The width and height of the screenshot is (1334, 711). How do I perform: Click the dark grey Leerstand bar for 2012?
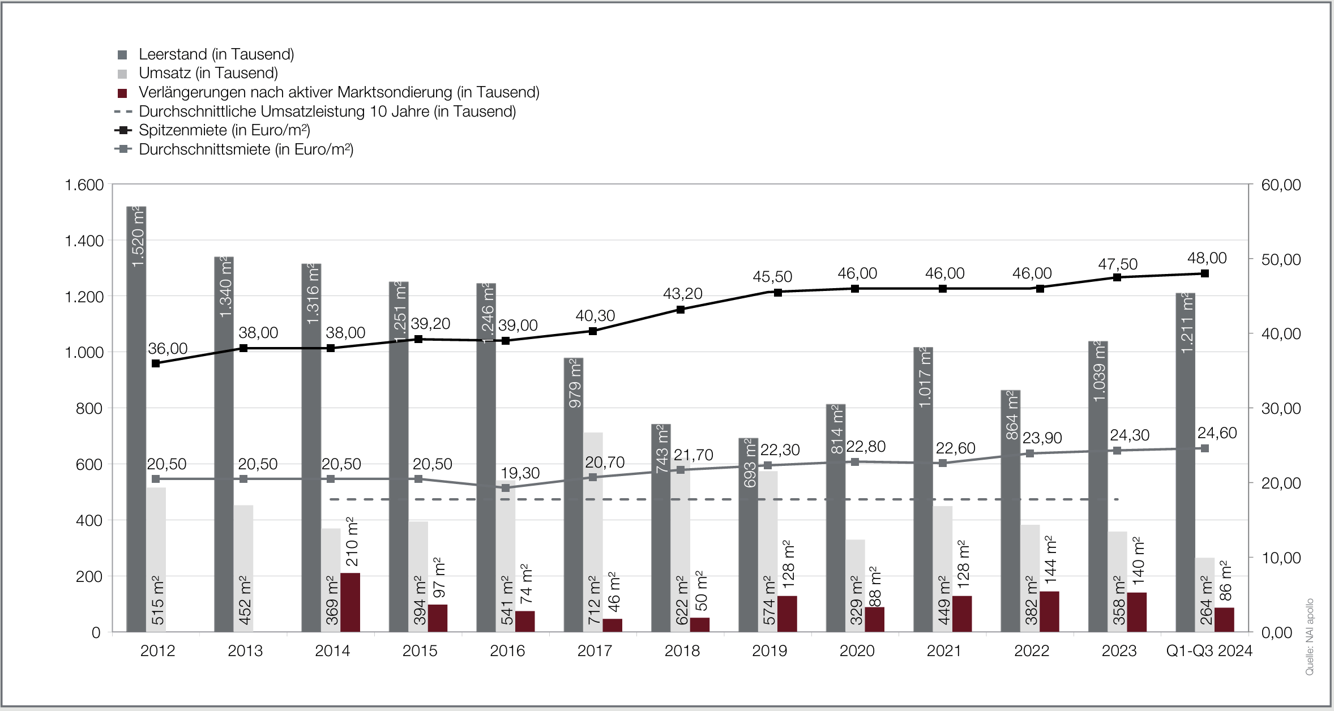pos(136,419)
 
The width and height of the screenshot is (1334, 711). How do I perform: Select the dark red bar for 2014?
pos(350,602)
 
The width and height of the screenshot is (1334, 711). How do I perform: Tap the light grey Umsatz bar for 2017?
pos(593,532)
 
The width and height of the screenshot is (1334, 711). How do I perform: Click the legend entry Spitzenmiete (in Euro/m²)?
pos(224,130)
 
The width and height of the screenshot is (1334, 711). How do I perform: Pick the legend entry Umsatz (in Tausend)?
pos(208,73)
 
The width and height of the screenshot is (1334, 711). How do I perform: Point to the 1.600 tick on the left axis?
pos(84,185)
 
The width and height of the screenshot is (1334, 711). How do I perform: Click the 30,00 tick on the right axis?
pos(1281,409)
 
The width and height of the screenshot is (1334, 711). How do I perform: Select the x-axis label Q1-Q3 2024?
pos(1209,651)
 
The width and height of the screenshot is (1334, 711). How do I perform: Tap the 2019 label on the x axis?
pos(769,651)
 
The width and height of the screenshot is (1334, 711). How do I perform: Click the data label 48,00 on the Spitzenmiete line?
pos(1207,258)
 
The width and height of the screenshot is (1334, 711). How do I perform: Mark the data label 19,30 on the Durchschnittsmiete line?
pos(520,473)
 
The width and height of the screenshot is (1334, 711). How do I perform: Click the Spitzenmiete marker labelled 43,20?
pos(681,310)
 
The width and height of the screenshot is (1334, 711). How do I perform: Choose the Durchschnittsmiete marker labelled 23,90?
pos(1030,453)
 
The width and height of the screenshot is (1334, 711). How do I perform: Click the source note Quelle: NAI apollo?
pos(1309,637)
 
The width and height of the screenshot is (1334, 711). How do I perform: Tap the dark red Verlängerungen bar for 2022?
pos(1049,611)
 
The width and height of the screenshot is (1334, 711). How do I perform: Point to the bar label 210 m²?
pos(352,541)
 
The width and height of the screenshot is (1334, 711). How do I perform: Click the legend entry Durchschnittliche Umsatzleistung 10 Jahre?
pos(327,112)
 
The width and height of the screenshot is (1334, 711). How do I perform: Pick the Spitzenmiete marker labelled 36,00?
pos(156,363)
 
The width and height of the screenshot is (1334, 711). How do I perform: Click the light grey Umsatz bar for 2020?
pos(856,586)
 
